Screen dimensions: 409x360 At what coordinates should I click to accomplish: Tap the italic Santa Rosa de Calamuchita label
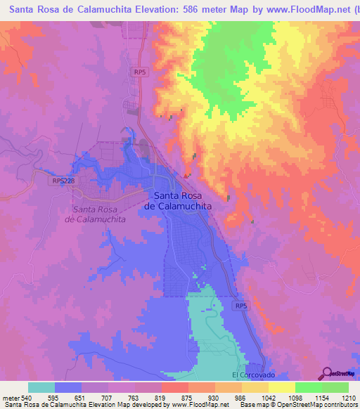100,214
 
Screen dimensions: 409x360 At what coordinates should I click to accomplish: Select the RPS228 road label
63,181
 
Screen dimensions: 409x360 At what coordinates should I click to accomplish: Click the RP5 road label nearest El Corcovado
241,306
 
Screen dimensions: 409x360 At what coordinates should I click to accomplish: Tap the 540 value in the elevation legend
27,398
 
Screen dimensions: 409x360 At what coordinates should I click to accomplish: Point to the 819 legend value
161,398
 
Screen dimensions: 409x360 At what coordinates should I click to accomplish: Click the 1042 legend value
268,398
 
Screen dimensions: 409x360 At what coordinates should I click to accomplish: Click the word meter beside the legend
11,398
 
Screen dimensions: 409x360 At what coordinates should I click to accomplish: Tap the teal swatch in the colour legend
41,387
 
